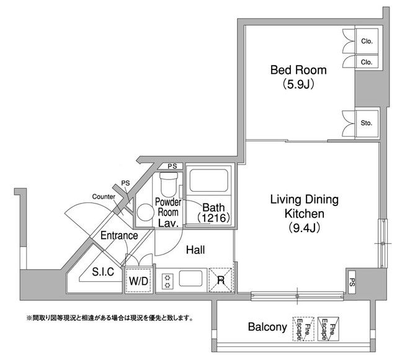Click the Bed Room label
[298, 70]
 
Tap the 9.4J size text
[304, 228]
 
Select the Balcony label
[267, 327]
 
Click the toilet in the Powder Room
[169, 184]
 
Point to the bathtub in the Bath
[209, 180]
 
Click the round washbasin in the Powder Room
[145, 212]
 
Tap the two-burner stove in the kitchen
[167, 281]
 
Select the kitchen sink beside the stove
[191, 278]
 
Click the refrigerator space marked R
[220, 280]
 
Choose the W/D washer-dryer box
[138, 281]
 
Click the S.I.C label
[103, 272]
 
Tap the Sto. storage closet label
[367, 124]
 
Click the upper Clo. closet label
[367, 42]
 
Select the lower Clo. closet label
[367, 62]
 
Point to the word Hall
[195, 250]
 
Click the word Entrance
[119, 236]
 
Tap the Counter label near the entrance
[104, 197]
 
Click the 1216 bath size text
[213, 218]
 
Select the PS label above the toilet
[172, 166]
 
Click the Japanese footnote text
[110, 318]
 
